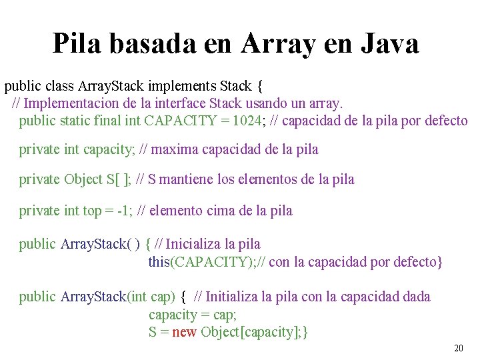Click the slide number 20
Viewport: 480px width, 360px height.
pyautogui.click(x=458, y=348)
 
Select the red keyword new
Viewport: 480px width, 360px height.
pyautogui.click(x=184, y=332)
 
